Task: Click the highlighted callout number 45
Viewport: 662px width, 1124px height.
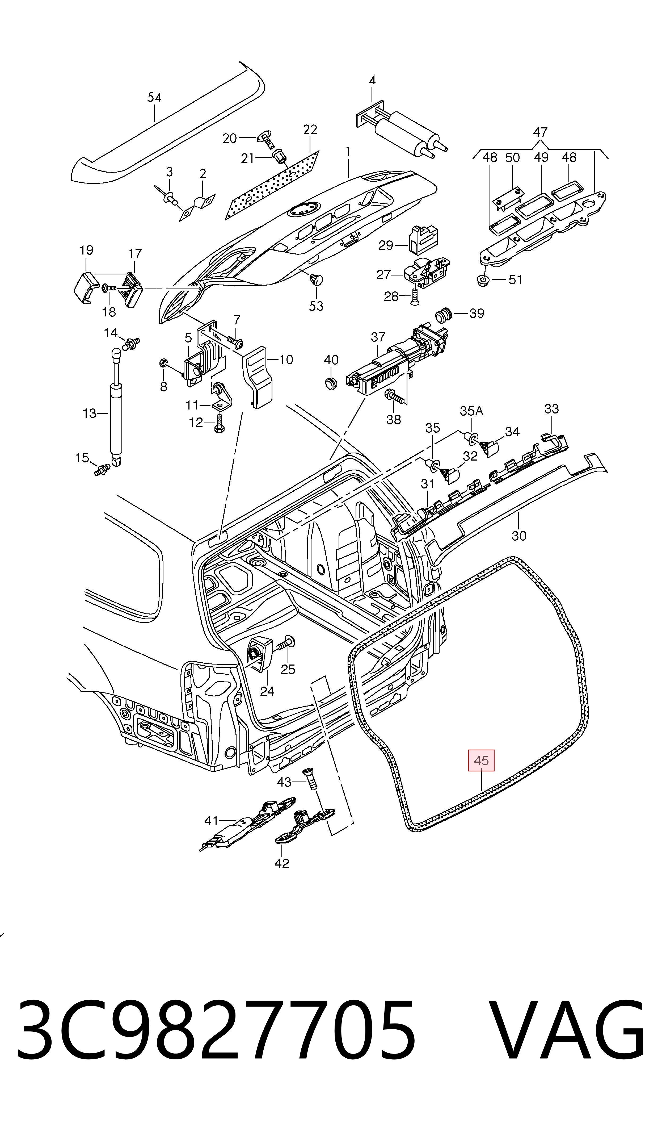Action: [481, 760]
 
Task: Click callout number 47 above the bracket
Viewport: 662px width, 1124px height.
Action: [540, 132]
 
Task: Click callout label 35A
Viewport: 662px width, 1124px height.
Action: [471, 411]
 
